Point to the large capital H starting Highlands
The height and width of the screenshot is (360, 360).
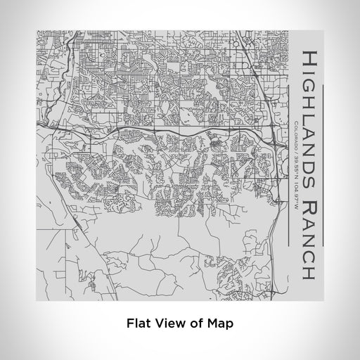click(x=310, y=57)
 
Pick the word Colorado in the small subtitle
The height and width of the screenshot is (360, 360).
click(x=296, y=134)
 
